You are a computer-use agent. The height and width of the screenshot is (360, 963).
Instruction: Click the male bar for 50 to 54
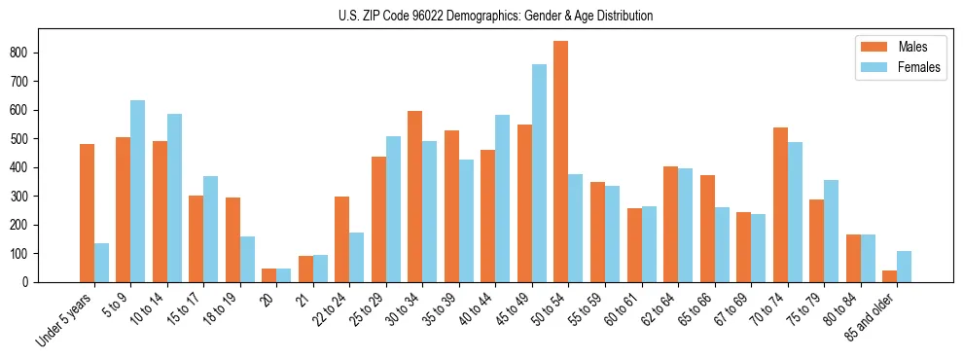[x=561, y=162]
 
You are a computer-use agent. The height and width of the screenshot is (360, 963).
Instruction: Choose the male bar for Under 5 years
[x=87, y=213]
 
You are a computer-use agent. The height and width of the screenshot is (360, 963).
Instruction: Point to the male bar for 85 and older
[x=889, y=276]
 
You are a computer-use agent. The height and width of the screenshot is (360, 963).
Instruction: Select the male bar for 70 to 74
[x=780, y=205]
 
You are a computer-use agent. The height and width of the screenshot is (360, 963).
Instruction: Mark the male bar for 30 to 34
[x=415, y=197]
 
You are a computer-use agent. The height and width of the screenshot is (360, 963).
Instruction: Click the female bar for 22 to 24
[x=357, y=258]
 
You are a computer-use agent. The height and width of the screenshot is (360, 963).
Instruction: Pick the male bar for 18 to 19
[x=232, y=240]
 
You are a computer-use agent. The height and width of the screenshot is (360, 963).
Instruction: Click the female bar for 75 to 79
[x=831, y=232]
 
